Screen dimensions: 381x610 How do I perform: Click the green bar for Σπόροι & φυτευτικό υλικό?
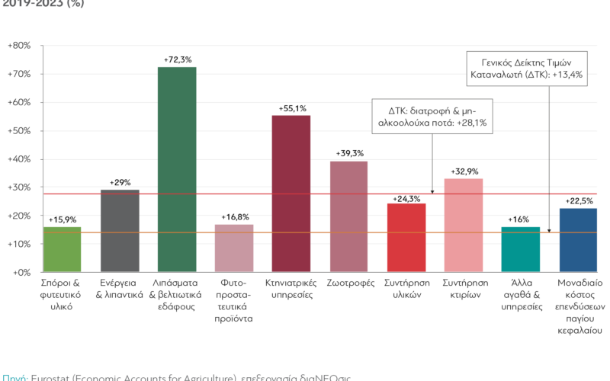(x=63, y=249)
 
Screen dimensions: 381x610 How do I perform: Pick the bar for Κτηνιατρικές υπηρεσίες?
(x=291, y=194)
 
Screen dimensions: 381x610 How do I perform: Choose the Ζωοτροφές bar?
(x=348, y=216)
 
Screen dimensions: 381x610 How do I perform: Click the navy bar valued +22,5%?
(x=577, y=240)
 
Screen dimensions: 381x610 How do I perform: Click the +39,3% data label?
(x=348, y=154)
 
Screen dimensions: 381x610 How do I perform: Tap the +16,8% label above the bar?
(x=234, y=218)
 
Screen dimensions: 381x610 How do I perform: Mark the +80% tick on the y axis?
(x=18, y=46)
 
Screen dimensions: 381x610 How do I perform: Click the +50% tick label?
(x=18, y=130)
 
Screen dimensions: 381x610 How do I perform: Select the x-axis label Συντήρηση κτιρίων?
(x=463, y=289)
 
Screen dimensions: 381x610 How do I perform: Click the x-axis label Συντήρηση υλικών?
(x=406, y=289)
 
